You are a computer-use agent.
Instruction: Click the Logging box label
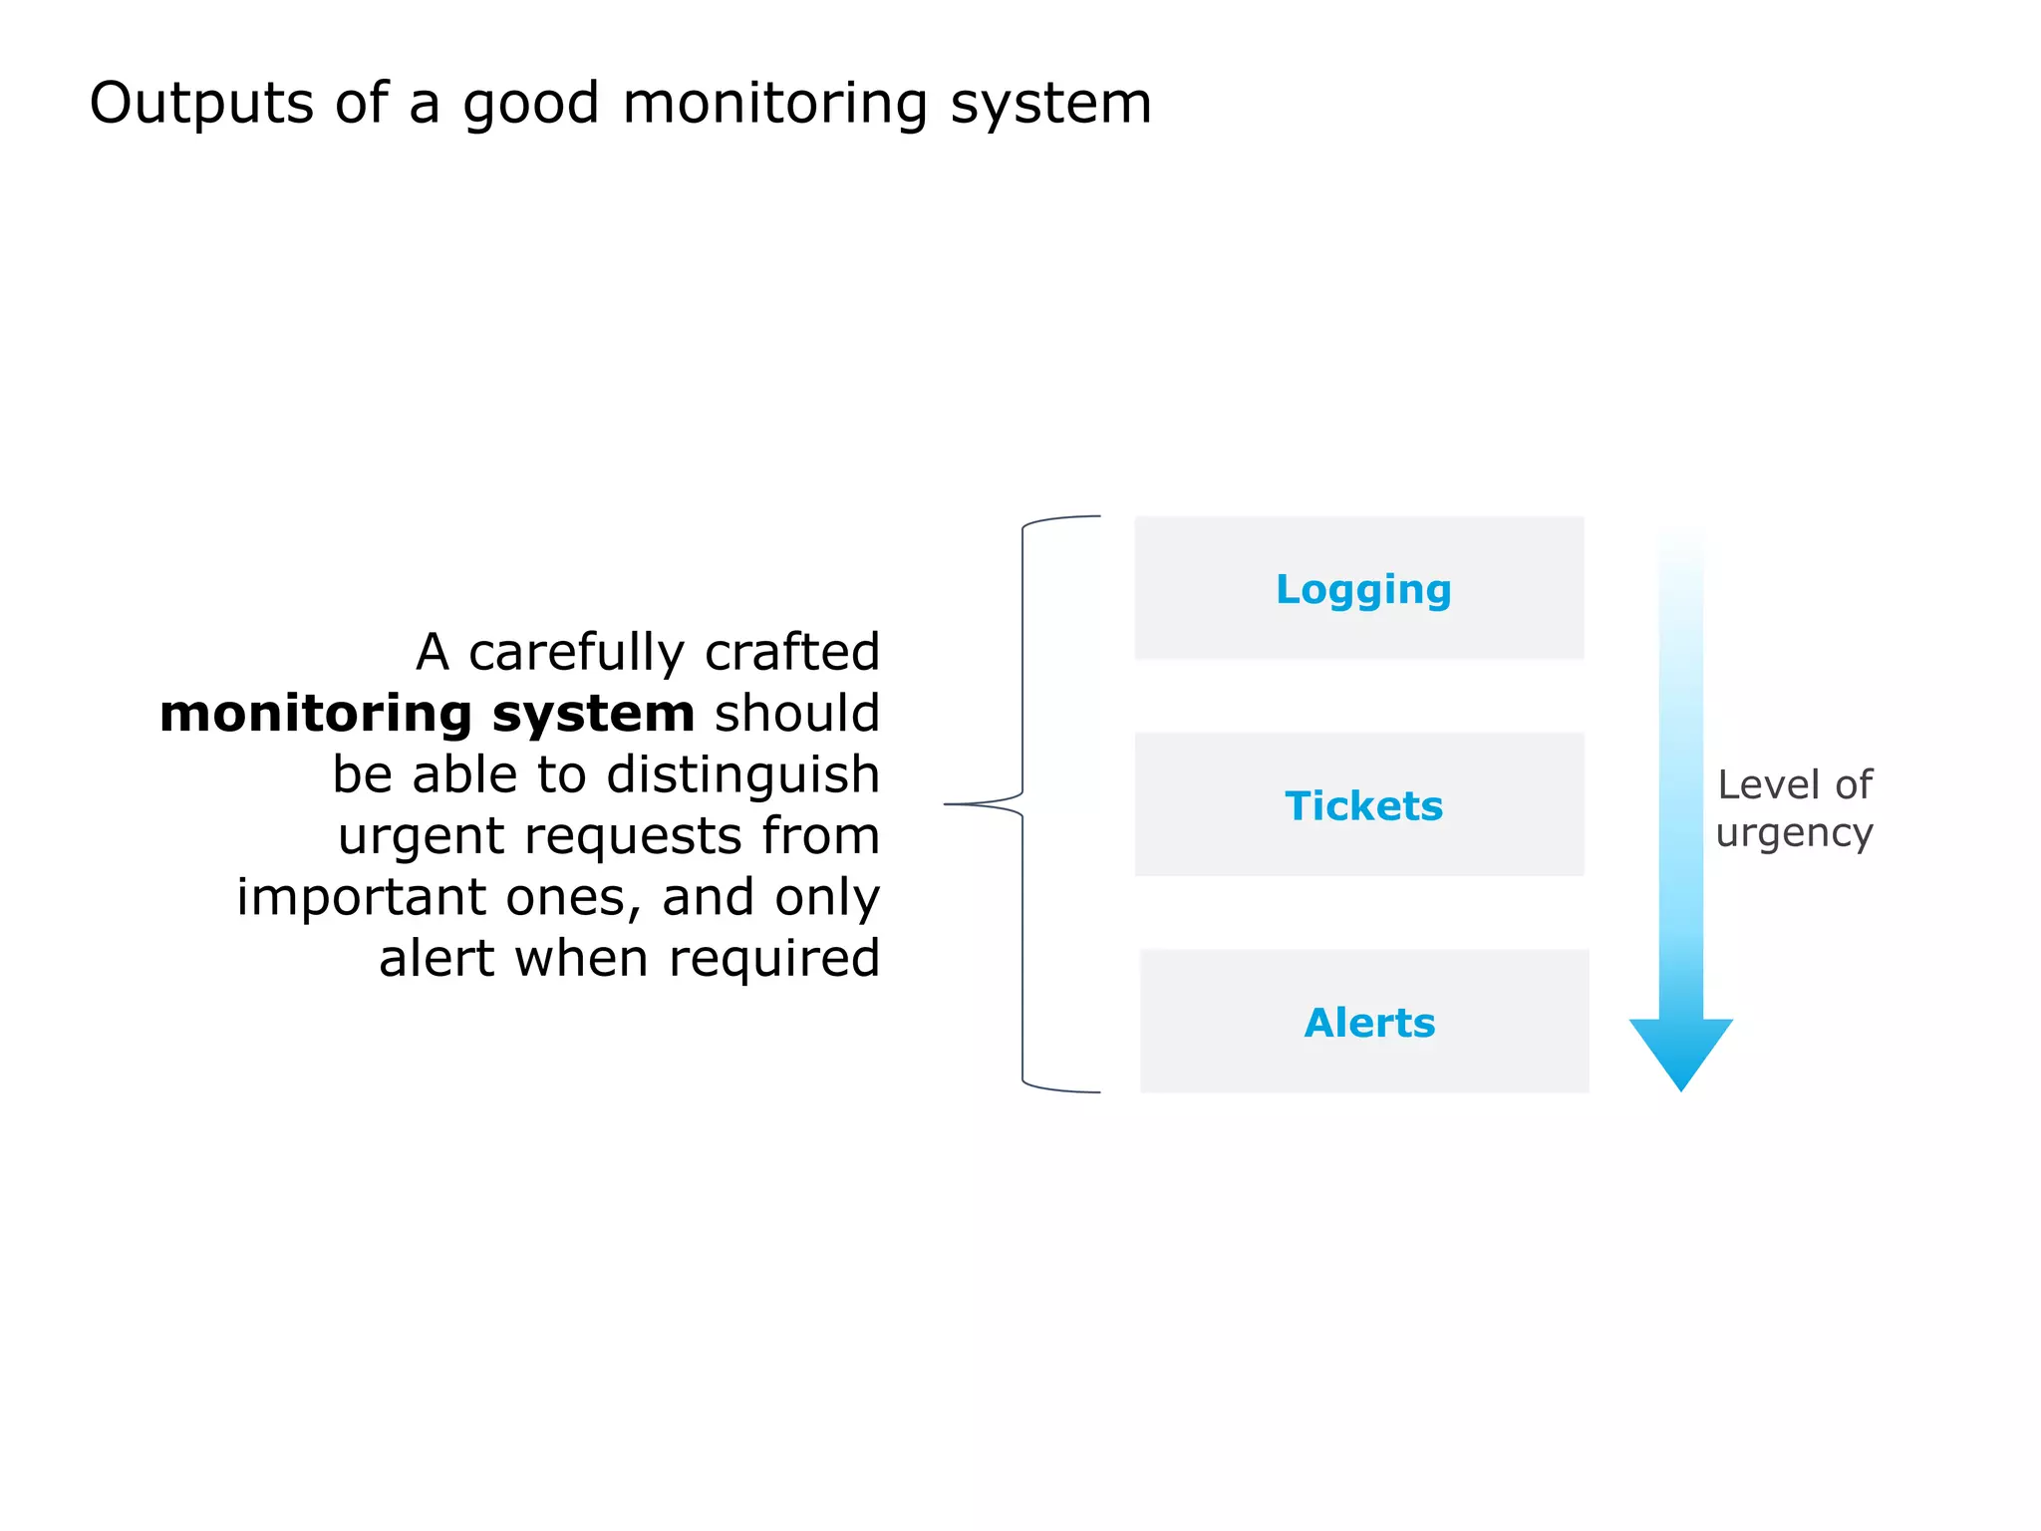click(1362, 590)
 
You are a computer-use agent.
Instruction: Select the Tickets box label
click(1362, 806)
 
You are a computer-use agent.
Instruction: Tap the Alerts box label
click(1369, 1024)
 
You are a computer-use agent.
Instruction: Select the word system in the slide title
click(1050, 105)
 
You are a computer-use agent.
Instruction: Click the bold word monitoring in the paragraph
click(315, 714)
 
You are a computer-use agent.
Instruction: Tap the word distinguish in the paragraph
click(742, 775)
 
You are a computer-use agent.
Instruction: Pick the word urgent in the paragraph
click(421, 837)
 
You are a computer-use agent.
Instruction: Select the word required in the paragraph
click(773, 960)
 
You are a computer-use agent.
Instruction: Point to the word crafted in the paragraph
click(791, 653)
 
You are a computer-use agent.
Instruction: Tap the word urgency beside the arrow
click(1794, 833)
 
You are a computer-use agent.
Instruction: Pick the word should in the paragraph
click(796, 714)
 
